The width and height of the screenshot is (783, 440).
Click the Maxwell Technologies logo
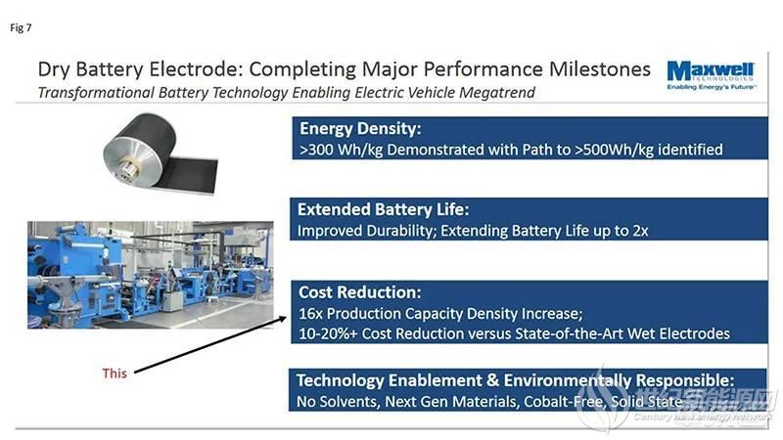pyautogui.click(x=712, y=76)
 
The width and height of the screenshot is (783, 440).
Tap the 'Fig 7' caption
pyautogui.click(x=21, y=28)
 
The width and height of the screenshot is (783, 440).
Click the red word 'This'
pyautogui.click(x=115, y=374)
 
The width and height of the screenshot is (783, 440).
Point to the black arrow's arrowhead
pyautogui.click(x=283, y=319)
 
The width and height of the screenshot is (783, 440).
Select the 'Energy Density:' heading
pyautogui.click(x=360, y=129)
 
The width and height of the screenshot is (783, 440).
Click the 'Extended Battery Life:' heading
pyautogui.click(x=383, y=209)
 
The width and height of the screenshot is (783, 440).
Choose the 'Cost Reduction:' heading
pyautogui.click(x=359, y=291)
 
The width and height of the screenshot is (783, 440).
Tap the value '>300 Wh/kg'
pyautogui.click(x=341, y=150)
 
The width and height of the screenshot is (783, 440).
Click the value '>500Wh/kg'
pyautogui.click(x=614, y=150)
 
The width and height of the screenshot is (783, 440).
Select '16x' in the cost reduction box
pyautogui.click(x=310, y=313)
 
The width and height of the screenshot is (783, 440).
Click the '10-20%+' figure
pyautogui.click(x=328, y=333)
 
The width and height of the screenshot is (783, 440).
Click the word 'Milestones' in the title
pyautogui.click(x=600, y=68)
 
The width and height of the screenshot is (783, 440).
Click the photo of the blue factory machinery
pyautogui.click(x=151, y=275)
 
